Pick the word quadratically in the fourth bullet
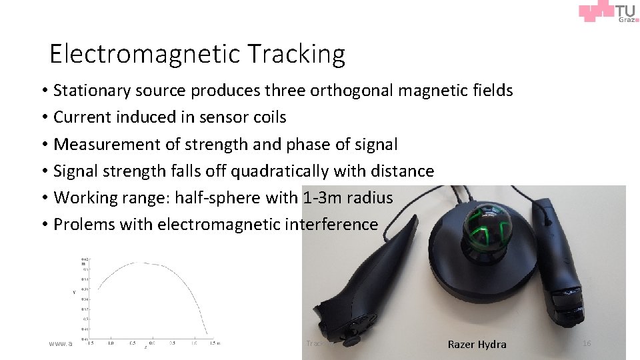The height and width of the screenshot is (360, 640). point(280,171)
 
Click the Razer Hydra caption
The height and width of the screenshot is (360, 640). point(477,344)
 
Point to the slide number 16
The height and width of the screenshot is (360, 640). point(587,343)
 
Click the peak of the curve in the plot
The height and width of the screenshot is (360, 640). point(143,263)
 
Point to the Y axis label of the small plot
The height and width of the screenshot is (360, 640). point(74,292)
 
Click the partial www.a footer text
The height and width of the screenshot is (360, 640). point(60,344)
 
